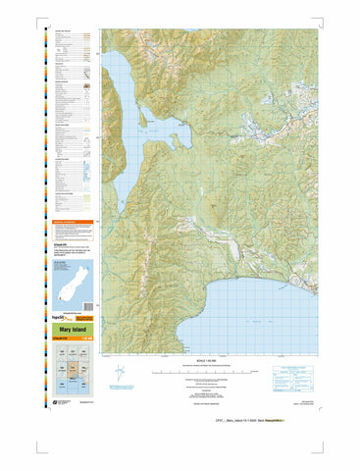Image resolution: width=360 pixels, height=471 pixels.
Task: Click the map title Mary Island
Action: pos(74,330)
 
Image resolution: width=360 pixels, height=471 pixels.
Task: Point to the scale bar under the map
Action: pos(211,373)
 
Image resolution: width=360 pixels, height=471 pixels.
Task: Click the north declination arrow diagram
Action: pos(119,374)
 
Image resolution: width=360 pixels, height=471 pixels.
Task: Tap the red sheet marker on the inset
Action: pos(57,298)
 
